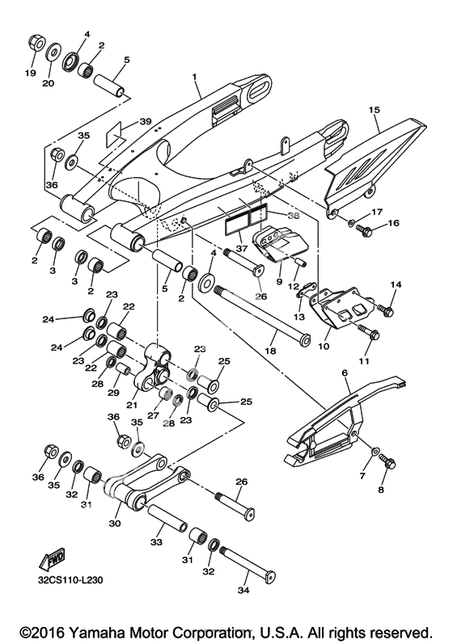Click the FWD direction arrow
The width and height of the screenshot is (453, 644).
click(x=53, y=559)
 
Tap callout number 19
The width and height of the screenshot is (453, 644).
click(x=30, y=73)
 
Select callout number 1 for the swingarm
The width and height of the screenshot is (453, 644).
click(x=194, y=77)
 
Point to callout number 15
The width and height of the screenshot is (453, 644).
click(x=375, y=110)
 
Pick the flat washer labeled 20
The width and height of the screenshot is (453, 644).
click(x=53, y=53)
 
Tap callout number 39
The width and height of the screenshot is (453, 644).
click(x=146, y=121)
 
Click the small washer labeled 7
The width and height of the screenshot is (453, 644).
click(x=375, y=452)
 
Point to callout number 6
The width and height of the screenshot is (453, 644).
click(x=345, y=373)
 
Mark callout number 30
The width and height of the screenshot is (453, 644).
click(x=115, y=524)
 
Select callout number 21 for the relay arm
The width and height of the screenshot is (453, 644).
click(x=132, y=406)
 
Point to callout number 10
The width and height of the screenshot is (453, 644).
click(x=324, y=346)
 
